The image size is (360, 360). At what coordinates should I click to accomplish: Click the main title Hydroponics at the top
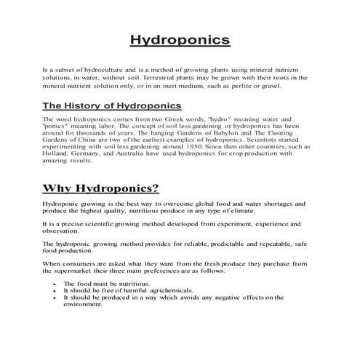point(180,39)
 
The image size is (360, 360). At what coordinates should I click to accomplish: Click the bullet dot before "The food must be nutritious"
point(55,284)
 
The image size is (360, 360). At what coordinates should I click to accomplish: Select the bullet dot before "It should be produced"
point(55,297)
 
